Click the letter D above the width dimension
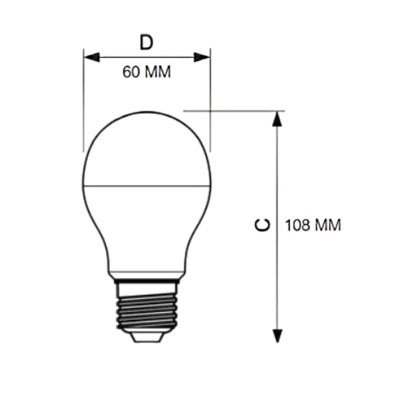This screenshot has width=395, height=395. pyautogui.click(x=147, y=43)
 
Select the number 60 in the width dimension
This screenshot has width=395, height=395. pyautogui.click(x=130, y=72)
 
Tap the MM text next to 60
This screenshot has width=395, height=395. pyautogui.click(x=158, y=72)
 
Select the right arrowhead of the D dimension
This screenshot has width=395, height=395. pyautogui.click(x=202, y=57)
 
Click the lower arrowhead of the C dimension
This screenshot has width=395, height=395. pyautogui.click(x=278, y=336)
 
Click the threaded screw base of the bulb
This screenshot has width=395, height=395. pyautogui.click(x=147, y=308)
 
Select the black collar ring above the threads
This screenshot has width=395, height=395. pyautogui.click(x=147, y=281)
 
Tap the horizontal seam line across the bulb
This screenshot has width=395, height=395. pyautogui.click(x=147, y=186)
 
